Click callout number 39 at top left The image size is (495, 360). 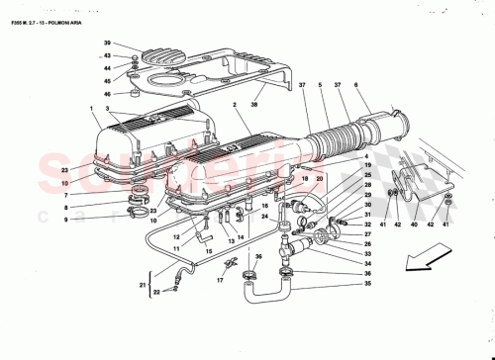point(107,45)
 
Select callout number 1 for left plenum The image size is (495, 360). point(91,107)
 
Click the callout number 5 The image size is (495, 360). point(322,85)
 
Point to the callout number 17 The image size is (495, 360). point(220,279)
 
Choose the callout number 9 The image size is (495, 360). point(67,221)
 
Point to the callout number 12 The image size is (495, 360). point(176,237)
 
